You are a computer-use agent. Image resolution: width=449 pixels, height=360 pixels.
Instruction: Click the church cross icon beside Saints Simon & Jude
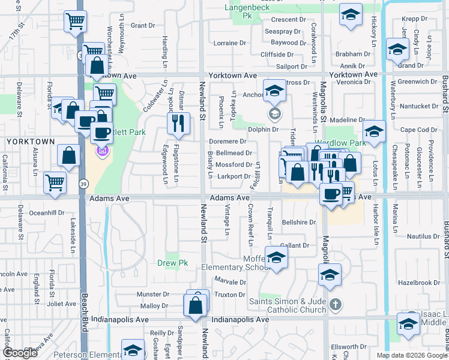(x=335, y=305)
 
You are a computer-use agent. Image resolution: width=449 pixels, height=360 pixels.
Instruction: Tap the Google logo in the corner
(x=20, y=353)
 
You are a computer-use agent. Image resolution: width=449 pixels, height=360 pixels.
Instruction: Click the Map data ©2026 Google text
(x=411, y=355)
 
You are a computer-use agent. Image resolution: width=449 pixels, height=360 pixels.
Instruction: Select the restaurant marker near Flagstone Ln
(x=178, y=123)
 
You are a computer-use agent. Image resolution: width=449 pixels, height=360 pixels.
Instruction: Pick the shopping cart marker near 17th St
(x=75, y=22)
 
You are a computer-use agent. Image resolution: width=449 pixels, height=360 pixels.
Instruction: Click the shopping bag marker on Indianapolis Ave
(x=196, y=304)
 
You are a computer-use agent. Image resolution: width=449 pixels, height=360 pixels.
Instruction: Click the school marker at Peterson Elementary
(x=133, y=350)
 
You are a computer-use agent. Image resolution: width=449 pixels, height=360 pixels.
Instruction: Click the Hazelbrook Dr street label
(x=420, y=282)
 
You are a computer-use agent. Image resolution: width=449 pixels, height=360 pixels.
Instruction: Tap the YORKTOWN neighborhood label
(x=31, y=141)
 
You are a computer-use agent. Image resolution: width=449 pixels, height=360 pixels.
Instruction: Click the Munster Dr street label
(x=153, y=295)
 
